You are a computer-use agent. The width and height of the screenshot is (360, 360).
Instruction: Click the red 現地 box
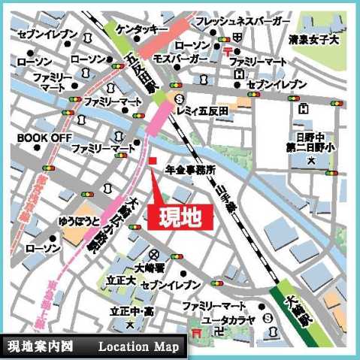[x=180, y=216]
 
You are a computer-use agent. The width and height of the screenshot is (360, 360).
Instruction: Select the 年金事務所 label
[x=191, y=170]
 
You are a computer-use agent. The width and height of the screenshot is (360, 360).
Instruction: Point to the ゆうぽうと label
[x=79, y=222]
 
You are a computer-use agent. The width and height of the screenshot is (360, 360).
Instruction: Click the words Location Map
[x=138, y=346]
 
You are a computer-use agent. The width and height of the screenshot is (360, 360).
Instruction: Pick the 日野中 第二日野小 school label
[x=310, y=142]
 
